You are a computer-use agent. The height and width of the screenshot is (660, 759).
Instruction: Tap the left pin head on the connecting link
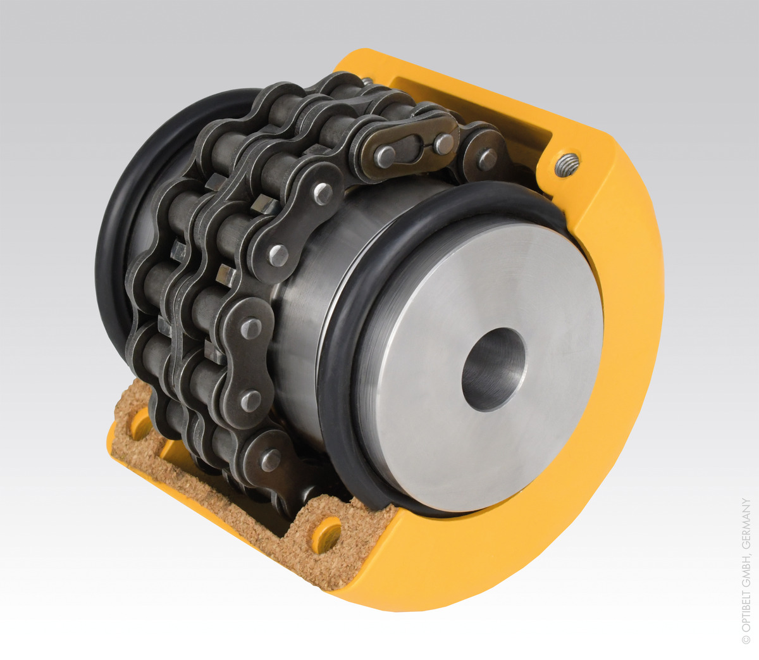[x=384, y=156]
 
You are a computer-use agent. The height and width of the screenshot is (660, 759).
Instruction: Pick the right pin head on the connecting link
[x=443, y=144]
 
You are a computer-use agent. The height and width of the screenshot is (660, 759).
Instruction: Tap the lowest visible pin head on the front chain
[x=271, y=459]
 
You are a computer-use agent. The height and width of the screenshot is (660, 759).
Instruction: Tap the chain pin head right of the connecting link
[x=486, y=159]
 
